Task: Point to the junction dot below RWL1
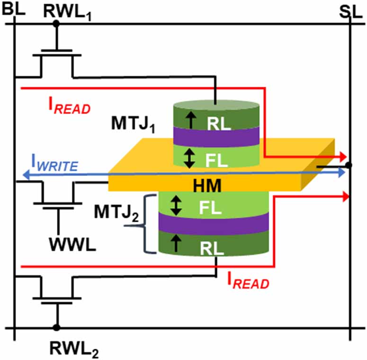pyautogui.click(x=56, y=23)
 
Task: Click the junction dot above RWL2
pyautogui.click(x=56, y=327)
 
